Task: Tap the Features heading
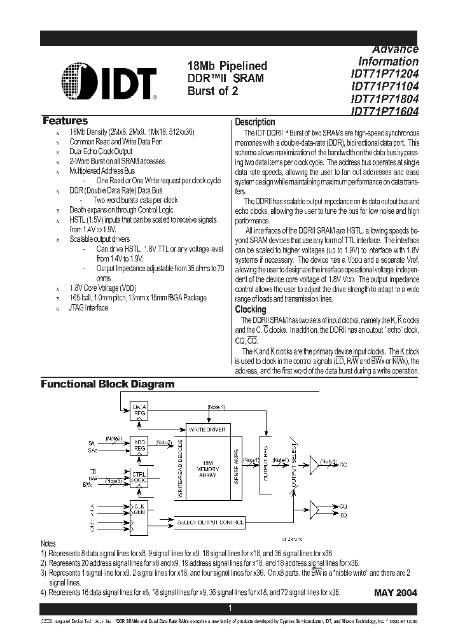coord(65,121)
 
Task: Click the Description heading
coord(255,122)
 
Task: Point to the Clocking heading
coord(251,309)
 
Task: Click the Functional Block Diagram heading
coord(108,384)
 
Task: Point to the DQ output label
coord(343,465)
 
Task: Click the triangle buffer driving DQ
coord(315,464)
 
